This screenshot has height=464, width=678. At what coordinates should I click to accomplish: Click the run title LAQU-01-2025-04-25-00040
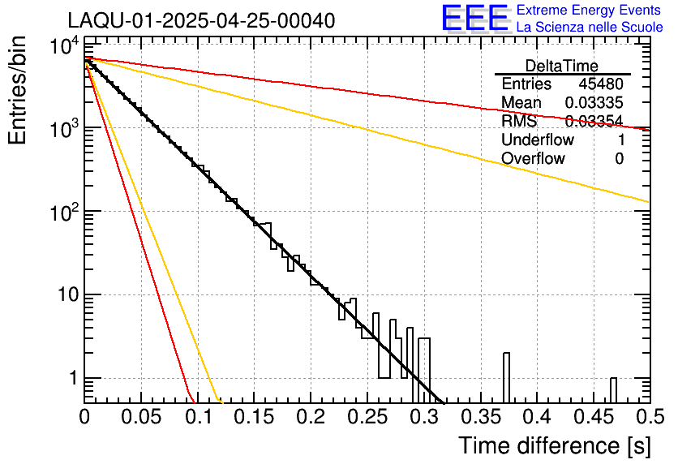201,20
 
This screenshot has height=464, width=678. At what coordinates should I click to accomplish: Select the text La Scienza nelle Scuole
589,27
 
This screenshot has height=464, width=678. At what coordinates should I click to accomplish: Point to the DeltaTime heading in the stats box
562,66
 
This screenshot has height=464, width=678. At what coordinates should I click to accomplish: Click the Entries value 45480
601,84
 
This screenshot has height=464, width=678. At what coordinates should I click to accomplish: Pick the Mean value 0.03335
594,103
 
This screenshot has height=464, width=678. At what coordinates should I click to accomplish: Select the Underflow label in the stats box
538,140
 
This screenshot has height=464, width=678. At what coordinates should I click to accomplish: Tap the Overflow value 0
619,158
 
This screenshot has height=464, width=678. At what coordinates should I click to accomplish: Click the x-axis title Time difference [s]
554,445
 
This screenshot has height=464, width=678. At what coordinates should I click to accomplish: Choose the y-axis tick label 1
71,379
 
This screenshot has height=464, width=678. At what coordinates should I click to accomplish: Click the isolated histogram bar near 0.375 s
506,378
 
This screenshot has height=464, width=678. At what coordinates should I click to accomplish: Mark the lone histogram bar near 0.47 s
614,390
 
